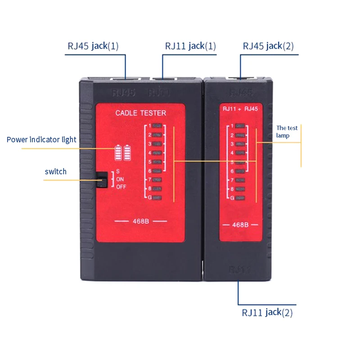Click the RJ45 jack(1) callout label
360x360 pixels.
pyautogui.click(x=93, y=46)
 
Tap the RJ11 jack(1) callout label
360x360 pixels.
pyautogui.click(x=190, y=46)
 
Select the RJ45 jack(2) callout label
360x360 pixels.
pyautogui.click(x=268, y=46)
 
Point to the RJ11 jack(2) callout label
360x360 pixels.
pyautogui.click(x=267, y=312)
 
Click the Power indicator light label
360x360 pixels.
pyautogui.click(x=41, y=139)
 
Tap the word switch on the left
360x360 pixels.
pyautogui.click(x=55, y=171)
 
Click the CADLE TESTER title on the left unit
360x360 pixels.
pyautogui.click(x=140, y=113)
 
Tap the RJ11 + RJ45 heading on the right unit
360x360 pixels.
pyautogui.click(x=240, y=108)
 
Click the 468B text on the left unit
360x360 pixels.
pyautogui.click(x=141, y=221)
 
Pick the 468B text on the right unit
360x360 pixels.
pyautogui.click(x=240, y=225)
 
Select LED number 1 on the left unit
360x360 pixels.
pyautogui.click(x=157, y=126)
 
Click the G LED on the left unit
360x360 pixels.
pyautogui.click(x=157, y=198)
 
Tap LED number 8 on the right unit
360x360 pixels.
pyautogui.click(x=240, y=189)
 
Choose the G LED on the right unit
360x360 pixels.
pyautogui.click(x=240, y=198)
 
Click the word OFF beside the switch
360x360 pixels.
pyautogui.click(x=121, y=187)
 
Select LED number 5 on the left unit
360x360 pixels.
pyautogui.click(x=157, y=162)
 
